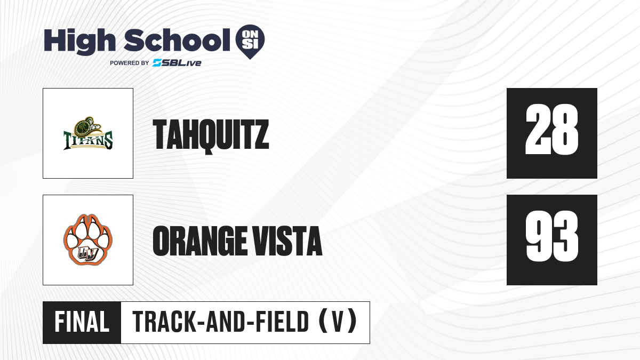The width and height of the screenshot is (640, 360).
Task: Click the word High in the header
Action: pos(79,42)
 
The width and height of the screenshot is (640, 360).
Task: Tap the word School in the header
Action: pos(177,39)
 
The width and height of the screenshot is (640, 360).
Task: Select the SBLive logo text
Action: pos(177,63)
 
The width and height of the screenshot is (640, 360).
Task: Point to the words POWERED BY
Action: pos(130,63)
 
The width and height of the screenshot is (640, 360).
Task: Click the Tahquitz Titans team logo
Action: pos(88,133)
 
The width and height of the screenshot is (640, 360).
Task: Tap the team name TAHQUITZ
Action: pos(211,136)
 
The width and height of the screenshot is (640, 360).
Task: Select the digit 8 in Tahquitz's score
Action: pos(565,130)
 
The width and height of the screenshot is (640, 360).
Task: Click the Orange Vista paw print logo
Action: pos(88,239)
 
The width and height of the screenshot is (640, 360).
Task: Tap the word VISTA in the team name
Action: pos(287,241)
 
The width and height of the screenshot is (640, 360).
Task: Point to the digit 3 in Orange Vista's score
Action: pos(565,236)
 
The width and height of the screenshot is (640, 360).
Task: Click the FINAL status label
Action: pos(82,322)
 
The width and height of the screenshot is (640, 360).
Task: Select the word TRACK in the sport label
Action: pos(164,322)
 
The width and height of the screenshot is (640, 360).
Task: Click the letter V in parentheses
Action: pos(338,322)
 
